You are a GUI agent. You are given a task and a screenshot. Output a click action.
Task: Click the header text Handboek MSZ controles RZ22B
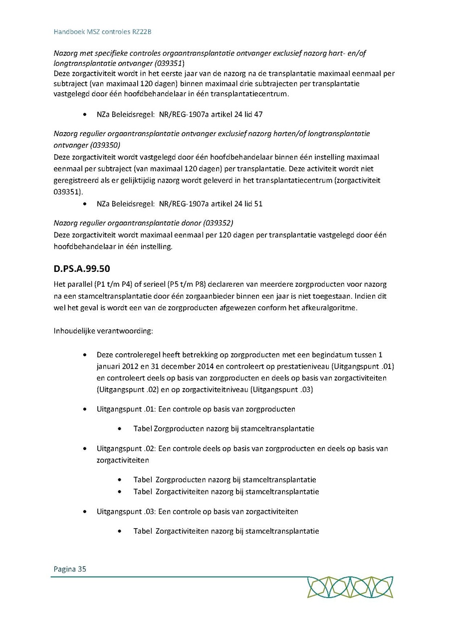(x=102, y=31)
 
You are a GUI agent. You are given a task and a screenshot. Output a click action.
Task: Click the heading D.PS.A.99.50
(x=81, y=269)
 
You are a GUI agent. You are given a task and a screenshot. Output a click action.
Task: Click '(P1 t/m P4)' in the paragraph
(x=107, y=284)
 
